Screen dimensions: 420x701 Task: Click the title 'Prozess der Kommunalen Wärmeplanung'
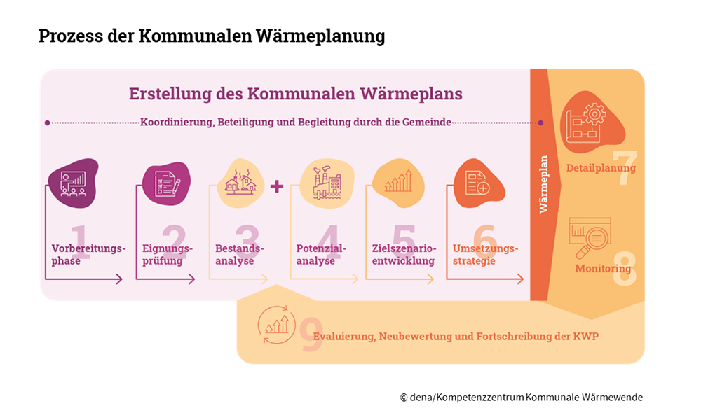point(212,36)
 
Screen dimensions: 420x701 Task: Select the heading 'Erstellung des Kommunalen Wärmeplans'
point(295,94)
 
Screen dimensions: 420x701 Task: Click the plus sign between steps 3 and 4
point(276,186)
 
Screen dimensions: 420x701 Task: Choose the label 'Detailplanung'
point(601,168)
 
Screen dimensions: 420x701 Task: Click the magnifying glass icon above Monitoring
point(589,237)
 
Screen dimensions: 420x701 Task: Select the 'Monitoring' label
point(603,269)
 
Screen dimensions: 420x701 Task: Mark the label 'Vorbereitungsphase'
point(88,255)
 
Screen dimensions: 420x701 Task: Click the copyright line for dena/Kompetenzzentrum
point(521,398)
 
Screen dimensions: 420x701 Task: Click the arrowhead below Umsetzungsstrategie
point(519,279)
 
